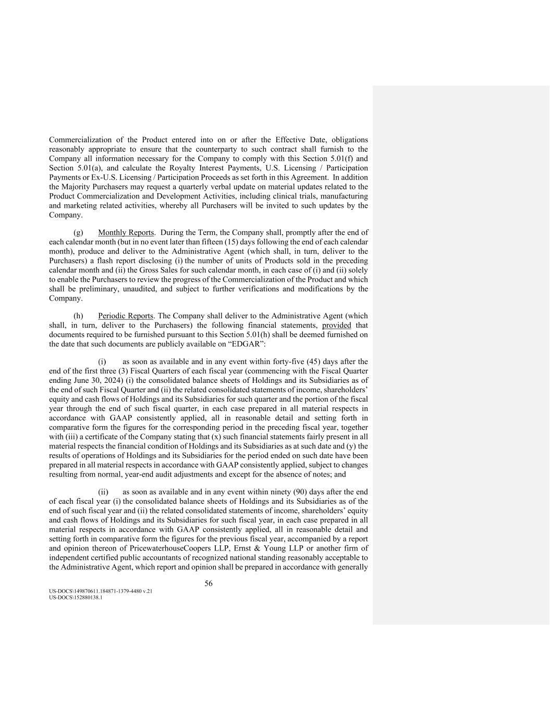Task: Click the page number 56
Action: (208, 583)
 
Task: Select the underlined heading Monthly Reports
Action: (126, 232)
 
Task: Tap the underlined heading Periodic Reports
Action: (125, 316)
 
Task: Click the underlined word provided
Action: (336, 325)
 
